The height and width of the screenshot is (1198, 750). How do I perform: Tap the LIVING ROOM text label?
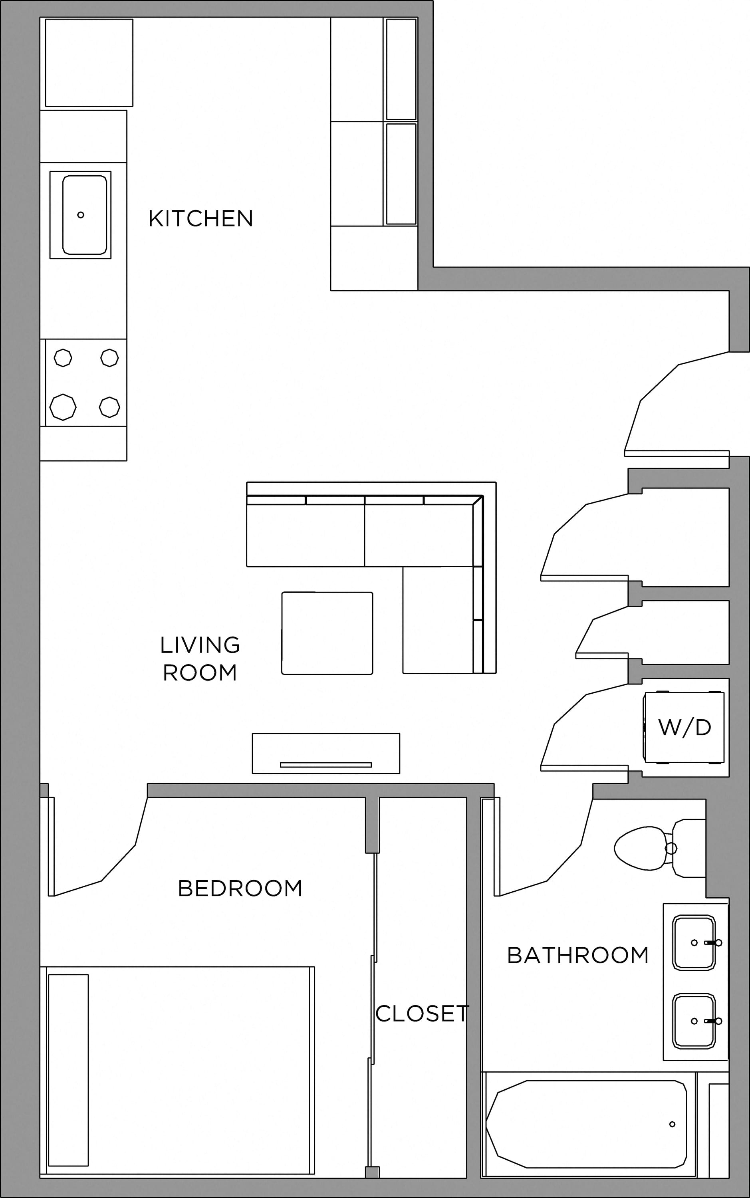(200, 659)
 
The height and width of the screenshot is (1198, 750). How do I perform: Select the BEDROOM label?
(240, 888)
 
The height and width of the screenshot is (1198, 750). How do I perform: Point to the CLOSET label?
(422, 1014)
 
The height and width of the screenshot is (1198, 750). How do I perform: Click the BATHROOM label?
(578, 955)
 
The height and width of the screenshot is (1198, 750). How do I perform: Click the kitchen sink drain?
(81, 215)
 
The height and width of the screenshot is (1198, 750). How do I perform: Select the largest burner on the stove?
(63, 407)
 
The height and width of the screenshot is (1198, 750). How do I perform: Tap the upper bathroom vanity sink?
(694, 943)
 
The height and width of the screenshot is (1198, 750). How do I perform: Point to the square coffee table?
(327, 633)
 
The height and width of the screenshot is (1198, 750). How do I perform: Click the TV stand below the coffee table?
(326, 753)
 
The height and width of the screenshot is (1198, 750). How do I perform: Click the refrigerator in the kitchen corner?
(89, 62)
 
